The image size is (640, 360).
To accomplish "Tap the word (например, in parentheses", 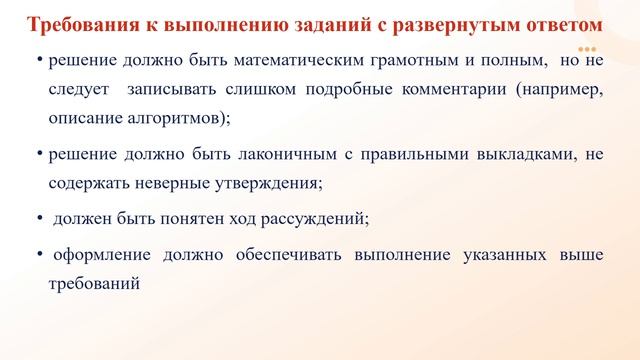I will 560,89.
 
